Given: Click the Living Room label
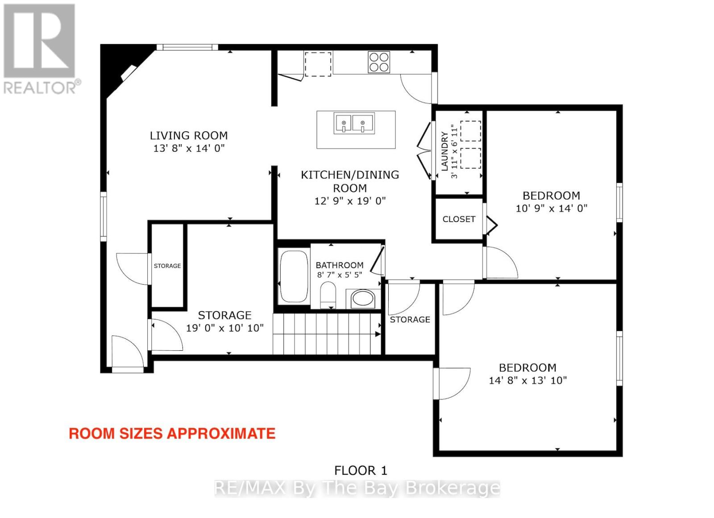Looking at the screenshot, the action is [189, 136].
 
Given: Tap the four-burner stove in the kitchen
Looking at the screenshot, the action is [379, 62].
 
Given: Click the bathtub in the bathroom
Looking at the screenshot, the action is [294, 276].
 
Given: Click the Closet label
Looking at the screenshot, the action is [459, 219].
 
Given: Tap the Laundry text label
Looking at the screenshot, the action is [444, 151].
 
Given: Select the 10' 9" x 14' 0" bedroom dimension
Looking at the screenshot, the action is [552, 208].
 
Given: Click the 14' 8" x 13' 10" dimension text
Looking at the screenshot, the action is [528, 380].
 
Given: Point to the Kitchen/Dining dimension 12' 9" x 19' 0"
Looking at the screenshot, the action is [350, 201].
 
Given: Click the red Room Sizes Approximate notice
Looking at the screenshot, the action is [172, 434].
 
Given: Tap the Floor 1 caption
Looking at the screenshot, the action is [361, 470].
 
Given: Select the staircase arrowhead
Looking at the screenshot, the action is [378, 334].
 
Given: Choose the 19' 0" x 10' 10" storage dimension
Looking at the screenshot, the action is [225, 328].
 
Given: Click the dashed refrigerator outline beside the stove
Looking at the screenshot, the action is [318, 64].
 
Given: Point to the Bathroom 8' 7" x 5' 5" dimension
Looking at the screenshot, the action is [340, 275].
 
